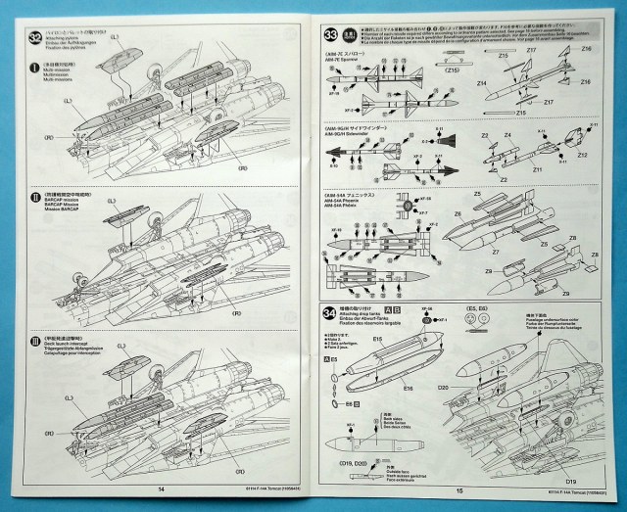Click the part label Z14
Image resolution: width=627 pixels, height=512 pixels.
(x=483, y=85)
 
